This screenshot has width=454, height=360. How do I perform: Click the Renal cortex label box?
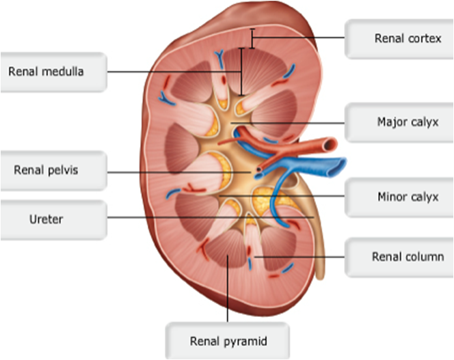tap(399, 38)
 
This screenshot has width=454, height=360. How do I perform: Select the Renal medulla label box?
tap(53, 71)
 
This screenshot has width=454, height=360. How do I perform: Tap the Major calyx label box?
tap(399, 122)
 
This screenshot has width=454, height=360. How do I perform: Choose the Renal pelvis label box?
tap(53, 170)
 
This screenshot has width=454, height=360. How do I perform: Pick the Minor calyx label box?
tap(399, 197)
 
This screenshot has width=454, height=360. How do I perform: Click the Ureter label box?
tap(53, 219)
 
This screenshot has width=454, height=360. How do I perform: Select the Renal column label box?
tap(399, 257)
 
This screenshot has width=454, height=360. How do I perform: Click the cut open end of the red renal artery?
tap(332, 144)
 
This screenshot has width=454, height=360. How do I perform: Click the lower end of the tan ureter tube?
tap(320, 274)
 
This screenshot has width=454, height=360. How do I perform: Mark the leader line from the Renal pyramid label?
tap(227, 287)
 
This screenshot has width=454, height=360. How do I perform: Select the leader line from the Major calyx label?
tap(294, 123)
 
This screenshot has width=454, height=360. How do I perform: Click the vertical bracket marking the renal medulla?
tap(241, 71)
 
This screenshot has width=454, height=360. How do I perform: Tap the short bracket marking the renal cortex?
tap(252, 38)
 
